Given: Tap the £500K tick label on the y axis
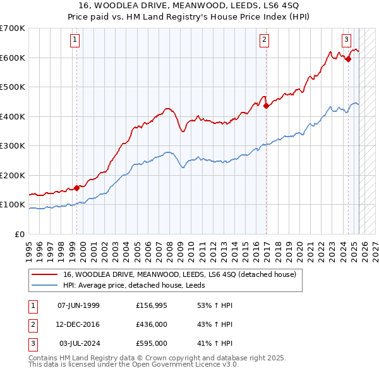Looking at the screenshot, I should coord(13,87).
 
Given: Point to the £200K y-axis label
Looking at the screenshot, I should coord(13,175).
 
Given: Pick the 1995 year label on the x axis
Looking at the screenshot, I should coord(29,247).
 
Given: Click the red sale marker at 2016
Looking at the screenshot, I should coord(266,106).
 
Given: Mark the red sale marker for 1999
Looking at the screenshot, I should coord(77,188).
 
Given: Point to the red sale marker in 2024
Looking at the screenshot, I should coord(348,59).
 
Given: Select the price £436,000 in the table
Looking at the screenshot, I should coord(152,324).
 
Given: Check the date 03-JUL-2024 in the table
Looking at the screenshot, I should coord(78,343).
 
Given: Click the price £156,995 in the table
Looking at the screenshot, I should coord(152,305).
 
